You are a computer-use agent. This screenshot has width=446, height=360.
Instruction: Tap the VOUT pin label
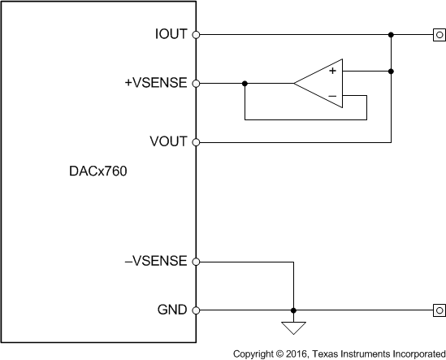[169, 141]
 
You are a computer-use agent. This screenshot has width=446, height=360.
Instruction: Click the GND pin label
[172, 310]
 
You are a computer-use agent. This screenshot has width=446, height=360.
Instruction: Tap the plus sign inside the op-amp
[332, 72]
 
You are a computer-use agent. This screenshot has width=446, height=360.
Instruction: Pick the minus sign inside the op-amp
[332, 95]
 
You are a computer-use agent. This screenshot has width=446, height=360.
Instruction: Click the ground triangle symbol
[292, 328]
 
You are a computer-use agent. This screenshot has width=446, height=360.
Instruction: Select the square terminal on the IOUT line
[439, 35]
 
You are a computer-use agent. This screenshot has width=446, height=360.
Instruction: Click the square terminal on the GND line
[439, 310]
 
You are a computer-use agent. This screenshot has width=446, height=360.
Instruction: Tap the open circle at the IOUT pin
[196, 35]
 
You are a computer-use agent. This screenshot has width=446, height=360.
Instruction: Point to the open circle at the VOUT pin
[196, 141]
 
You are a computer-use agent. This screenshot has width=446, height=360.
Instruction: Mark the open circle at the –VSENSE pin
[196, 262]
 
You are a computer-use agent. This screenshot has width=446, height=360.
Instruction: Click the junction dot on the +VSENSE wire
[245, 83]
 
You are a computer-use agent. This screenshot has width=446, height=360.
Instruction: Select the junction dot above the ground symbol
[292, 310]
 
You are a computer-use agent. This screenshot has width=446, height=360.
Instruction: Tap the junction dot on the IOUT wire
[392, 35]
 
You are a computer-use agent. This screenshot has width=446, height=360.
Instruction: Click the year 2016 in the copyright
[295, 353]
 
